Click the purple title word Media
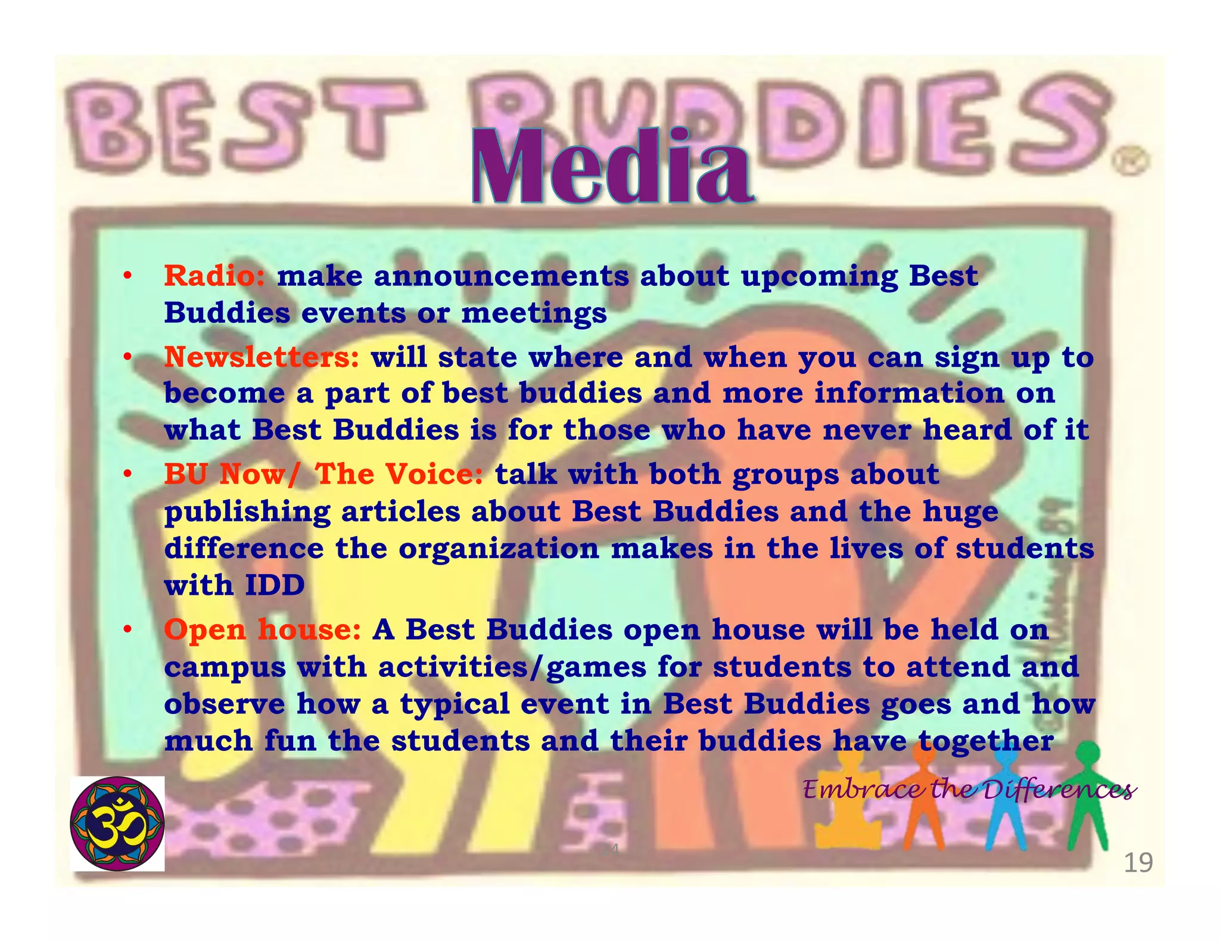click(612, 168)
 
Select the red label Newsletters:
click(262, 357)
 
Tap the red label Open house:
click(262, 629)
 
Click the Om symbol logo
click(117, 824)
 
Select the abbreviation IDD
click(275, 585)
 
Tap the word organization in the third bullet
click(499, 548)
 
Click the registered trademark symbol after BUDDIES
click(1130, 161)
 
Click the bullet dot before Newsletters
click(127, 357)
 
